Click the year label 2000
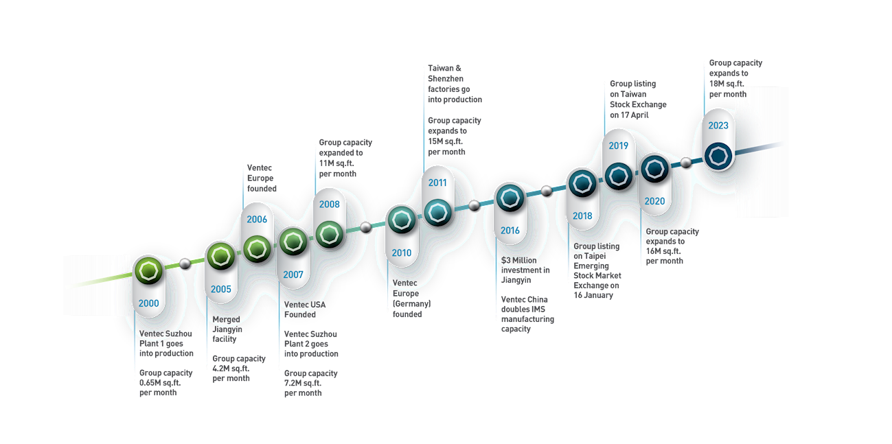[148, 303]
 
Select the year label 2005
[221, 289]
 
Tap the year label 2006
[257, 219]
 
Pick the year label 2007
[293, 274]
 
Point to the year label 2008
[329, 204]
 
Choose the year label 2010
[402, 253]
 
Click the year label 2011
[437, 183]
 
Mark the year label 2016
[510, 231]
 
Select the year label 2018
[582, 216]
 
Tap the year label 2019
[619, 145]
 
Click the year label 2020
[655, 201]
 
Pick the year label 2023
[718, 126]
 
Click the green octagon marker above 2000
[148, 270]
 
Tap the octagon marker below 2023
[719, 156]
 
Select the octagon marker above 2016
[510, 198]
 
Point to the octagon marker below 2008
[330, 235]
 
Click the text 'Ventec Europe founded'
[262, 178]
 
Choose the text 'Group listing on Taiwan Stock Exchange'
[638, 94]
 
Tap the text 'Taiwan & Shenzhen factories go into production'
[454, 84]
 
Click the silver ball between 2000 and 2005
[184, 262]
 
